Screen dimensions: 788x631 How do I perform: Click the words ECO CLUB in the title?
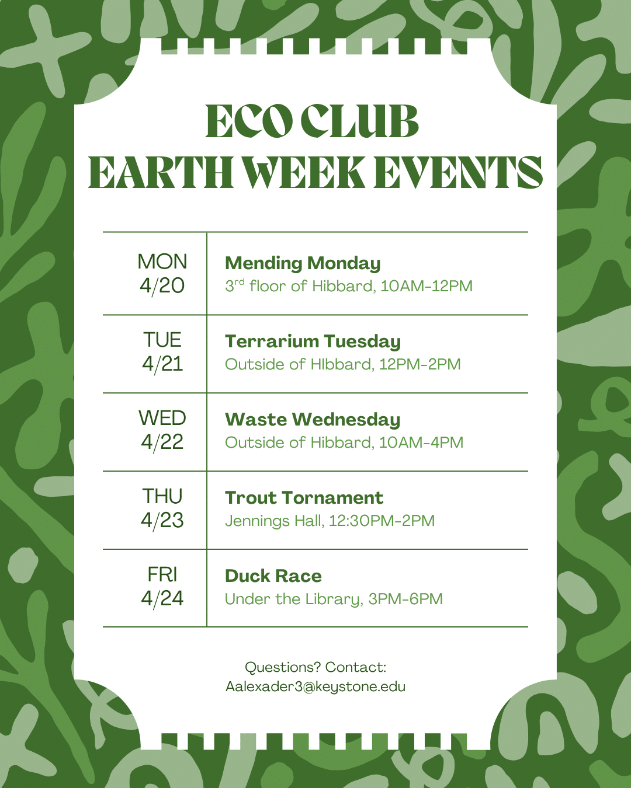pos(312,122)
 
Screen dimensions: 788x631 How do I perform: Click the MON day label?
pos(162,261)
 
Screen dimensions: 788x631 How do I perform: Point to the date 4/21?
pos(162,364)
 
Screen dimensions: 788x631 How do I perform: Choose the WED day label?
pos(162,418)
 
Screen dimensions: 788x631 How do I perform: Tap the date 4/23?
pos(162,520)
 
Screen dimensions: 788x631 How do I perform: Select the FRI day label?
pos(162,574)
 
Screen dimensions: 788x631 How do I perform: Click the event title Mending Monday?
pos(303,263)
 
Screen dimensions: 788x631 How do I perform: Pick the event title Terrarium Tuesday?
pos(313,341)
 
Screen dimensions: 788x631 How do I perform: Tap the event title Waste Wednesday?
pos(313,420)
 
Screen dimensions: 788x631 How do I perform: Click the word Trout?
pos(250,498)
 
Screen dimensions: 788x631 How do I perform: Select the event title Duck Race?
pos(273,576)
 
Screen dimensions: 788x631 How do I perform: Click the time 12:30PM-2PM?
pos(382,521)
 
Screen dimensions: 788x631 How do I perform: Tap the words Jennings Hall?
pos(274,521)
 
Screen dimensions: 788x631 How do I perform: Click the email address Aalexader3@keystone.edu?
pos(315,686)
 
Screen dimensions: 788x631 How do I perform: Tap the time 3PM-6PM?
pos(405,599)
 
